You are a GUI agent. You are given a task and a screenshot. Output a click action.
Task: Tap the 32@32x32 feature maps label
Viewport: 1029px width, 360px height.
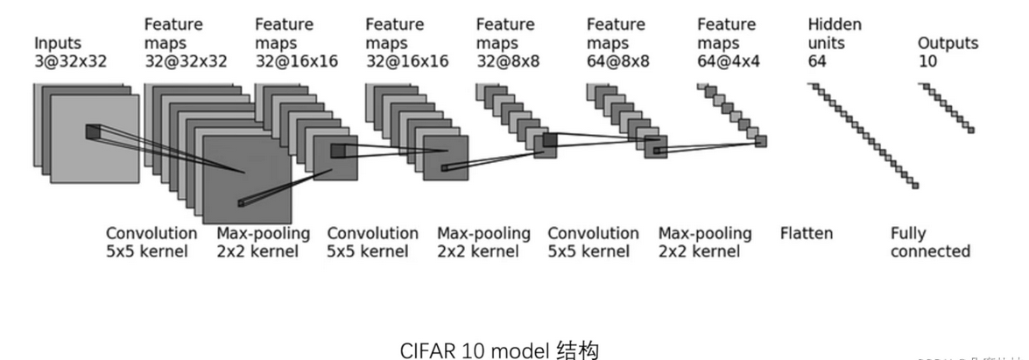(186, 60)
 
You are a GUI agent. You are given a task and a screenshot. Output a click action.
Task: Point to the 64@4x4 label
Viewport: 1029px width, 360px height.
(729, 60)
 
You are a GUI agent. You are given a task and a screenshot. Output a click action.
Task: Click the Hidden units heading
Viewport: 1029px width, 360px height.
(834, 33)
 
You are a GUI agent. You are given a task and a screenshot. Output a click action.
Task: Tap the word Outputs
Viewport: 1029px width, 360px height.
(948, 43)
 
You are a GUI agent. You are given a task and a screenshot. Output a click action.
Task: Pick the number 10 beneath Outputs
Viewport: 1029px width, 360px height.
(927, 60)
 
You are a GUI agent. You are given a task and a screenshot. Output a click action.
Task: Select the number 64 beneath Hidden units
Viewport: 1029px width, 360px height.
(818, 60)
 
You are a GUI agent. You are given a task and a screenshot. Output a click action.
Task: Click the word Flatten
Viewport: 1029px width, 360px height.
(806, 233)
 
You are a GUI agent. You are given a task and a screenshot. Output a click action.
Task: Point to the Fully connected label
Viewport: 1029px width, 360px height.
(930, 243)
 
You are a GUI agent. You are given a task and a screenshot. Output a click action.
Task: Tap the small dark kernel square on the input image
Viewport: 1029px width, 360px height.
(93, 131)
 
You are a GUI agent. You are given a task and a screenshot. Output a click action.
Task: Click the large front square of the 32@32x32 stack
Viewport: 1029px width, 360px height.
(246, 180)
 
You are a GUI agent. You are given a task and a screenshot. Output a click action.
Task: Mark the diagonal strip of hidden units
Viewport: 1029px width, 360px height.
(863, 135)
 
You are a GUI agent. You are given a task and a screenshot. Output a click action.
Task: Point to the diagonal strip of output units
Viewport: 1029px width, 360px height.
(947, 107)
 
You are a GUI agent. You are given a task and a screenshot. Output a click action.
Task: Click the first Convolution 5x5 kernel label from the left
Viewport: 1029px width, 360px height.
(152, 243)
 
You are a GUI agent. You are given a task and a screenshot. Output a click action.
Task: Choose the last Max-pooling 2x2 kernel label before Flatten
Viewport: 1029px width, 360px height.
(704, 243)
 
